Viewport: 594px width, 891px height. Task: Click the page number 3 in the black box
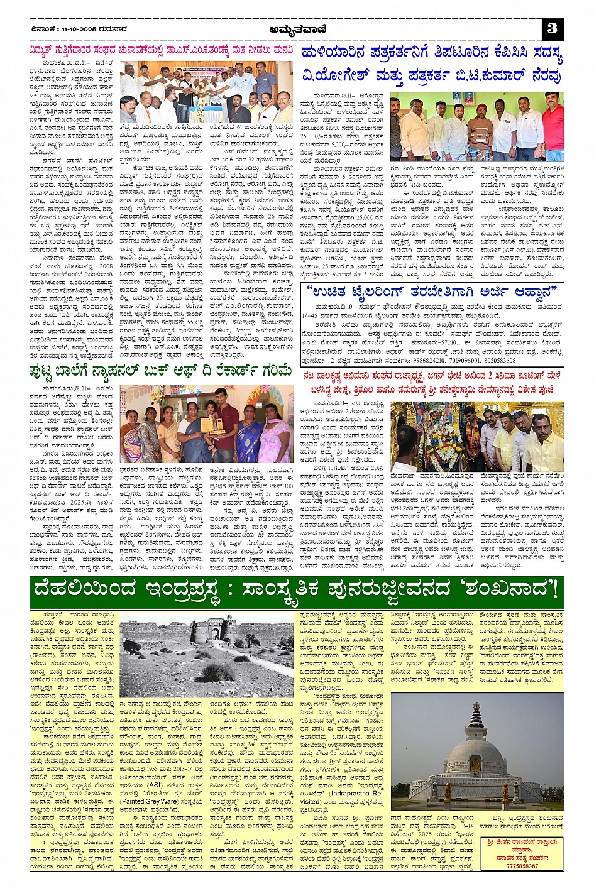[553, 28]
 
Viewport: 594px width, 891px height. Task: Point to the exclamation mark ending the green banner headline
[554, 591]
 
